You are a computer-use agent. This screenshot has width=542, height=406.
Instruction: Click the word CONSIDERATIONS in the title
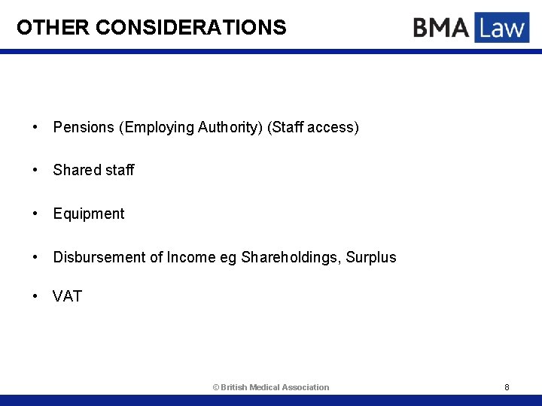tap(191, 28)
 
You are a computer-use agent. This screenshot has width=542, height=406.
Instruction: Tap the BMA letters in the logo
tap(440, 29)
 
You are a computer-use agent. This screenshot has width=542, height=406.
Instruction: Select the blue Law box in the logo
tap(501, 28)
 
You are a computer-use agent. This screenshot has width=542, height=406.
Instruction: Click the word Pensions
tap(84, 127)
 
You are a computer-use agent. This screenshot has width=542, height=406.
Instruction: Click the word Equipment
tap(89, 214)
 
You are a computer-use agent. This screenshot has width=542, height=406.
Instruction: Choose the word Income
tap(192, 257)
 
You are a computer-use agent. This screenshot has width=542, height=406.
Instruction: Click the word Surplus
tap(371, 257)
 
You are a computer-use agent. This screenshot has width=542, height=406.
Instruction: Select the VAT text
tap(67, 296)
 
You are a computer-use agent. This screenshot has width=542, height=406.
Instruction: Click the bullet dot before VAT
tap(36, 296)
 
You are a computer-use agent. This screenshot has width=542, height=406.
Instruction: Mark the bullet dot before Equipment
tap(36, 214)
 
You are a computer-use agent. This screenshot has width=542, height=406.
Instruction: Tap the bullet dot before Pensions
tap(36, 127)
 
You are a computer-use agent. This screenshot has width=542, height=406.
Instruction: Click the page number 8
tap(507, 387)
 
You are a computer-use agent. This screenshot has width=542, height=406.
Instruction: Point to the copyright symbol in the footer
tap(215, 387)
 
